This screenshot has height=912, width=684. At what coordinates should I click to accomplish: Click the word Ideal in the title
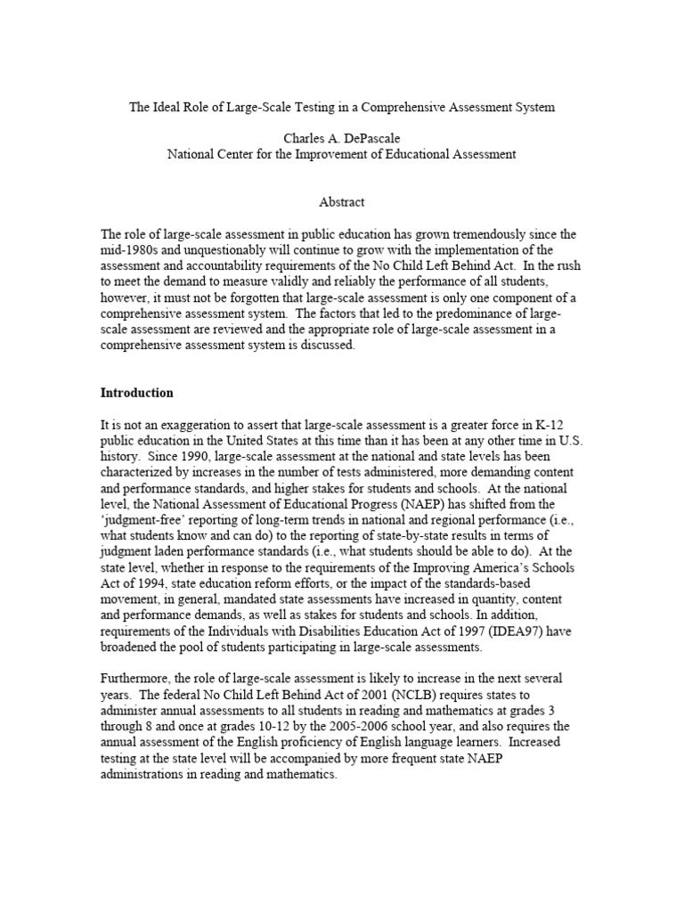coord(169,107)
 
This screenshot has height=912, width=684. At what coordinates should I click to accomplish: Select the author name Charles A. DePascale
coord(341,139)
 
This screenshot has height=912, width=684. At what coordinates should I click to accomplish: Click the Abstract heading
coord(341,202)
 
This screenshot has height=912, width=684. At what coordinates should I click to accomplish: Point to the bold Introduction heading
coord(137,393)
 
